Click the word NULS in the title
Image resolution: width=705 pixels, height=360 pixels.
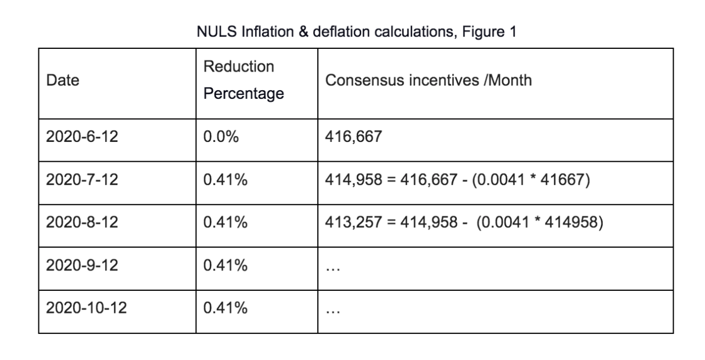(217, 31)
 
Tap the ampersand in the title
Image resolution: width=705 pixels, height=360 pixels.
(303, 31)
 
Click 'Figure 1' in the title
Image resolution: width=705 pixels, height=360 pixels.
(489, 32)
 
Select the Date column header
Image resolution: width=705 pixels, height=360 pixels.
(63, 80)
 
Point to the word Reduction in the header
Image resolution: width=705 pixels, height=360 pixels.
(238, 67)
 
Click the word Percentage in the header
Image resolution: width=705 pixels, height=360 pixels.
(244, 94)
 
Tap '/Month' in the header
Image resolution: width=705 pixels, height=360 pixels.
(507, 80)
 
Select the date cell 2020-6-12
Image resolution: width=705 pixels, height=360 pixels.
(82, 137)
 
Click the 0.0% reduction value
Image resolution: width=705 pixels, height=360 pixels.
(221, 137)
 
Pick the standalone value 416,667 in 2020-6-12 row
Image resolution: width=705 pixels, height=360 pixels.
(353, 137)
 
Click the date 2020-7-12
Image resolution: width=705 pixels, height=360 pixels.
(82, 180)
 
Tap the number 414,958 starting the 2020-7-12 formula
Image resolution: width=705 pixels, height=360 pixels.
(353, 180)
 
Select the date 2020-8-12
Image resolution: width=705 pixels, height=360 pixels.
(82, 222)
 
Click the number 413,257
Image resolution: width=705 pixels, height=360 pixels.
(353, 222)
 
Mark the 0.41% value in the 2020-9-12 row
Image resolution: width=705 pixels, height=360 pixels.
(226, 265)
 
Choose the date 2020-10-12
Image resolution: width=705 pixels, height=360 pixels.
(86, 308)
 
